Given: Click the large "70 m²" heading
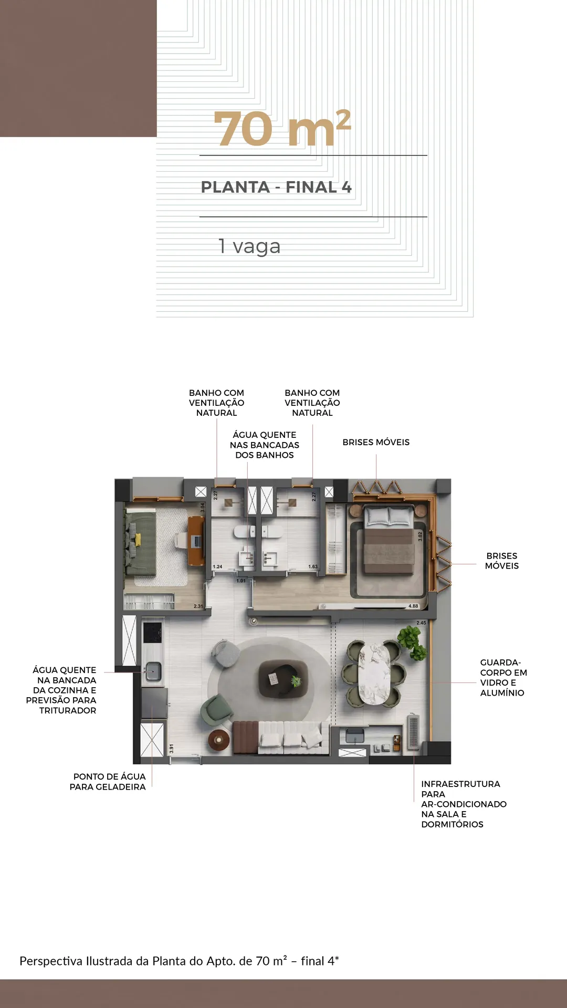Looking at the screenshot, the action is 282,128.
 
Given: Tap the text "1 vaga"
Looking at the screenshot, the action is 249,246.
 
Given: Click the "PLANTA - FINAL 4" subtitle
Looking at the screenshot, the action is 276,187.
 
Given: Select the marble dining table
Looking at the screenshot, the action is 374,674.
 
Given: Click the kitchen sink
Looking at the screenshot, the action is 153,671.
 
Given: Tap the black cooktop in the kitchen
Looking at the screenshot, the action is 152,632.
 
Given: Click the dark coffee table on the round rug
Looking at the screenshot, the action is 282,679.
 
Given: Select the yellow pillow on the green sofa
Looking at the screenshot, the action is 138,540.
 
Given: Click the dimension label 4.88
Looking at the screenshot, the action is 414,606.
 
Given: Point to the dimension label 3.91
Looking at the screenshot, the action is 171,749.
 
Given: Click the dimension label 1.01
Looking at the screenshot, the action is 241,581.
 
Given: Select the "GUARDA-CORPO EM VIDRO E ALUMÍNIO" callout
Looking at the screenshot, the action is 503,678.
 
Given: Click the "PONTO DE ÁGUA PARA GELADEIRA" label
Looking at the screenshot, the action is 108,782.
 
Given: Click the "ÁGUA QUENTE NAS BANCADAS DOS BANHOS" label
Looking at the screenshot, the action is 265,445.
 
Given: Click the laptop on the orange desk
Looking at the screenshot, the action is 196,540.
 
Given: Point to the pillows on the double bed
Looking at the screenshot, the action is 388,517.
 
